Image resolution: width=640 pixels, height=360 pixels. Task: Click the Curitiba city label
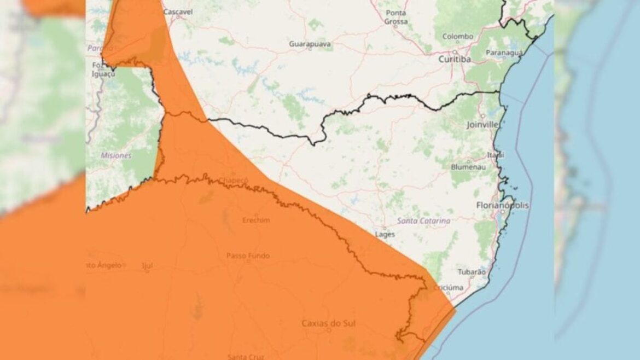pos(455,60)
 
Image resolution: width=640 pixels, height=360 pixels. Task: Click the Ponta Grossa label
pos(396,17)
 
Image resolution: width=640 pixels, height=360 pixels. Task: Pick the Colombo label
pos(458,36)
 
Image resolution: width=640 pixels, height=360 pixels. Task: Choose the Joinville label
pos(482,124)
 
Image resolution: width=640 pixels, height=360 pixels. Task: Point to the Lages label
pos(385,234)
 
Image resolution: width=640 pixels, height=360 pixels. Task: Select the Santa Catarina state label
pos(424,220)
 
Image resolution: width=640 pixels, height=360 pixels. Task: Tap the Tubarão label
pos(471,271)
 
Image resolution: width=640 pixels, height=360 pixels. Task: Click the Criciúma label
pos(449,287)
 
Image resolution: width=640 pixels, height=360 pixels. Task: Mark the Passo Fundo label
pos(248,256)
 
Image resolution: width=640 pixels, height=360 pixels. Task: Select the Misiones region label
pos(116,155)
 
